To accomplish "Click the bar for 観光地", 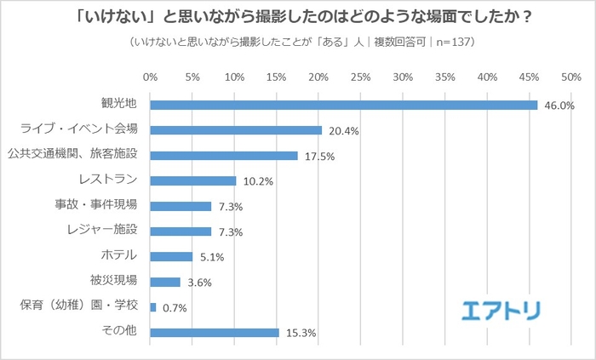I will coord(343,105).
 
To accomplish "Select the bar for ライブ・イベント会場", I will coord(236,130).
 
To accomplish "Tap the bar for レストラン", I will coord(193,180).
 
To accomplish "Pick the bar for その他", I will coord(215,332).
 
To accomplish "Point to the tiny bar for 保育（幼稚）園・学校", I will coord(153,307).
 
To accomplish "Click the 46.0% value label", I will coord(560,106).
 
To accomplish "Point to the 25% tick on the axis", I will coord(360,77).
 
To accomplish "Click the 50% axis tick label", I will coord(570,77).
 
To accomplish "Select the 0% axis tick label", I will coord(151,77).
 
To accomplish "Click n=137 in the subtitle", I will coord(450,42).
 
